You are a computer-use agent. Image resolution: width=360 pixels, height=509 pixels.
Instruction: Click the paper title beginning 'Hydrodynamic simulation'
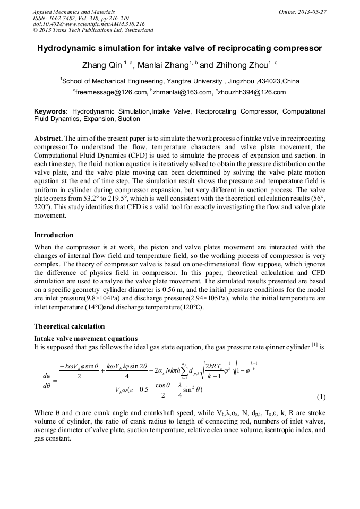coord(179,48)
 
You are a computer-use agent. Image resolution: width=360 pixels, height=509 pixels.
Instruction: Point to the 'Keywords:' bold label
coord(51,112)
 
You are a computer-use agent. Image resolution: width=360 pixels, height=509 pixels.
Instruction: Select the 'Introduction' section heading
coord(54,235)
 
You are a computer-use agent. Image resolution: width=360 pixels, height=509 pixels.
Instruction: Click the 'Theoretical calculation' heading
coord(69,326)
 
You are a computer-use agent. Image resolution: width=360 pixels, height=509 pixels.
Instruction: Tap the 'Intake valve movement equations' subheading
coord(85,338)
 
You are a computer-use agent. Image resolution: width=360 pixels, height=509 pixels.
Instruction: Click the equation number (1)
coord(321,397)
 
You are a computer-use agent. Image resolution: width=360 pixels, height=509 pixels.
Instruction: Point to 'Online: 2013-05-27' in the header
coord(302,12)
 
